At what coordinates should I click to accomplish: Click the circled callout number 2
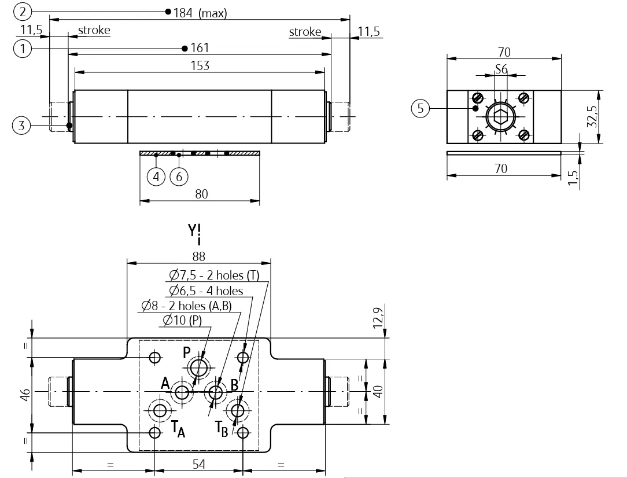(23, 12)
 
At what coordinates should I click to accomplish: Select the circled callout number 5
(421, 108)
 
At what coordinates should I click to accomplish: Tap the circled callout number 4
(156, 177)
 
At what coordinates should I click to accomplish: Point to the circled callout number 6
(179, 177)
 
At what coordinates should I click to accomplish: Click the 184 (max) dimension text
(200, 13)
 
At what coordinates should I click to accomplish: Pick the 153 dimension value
(200, 65)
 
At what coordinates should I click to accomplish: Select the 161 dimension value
(200, 47)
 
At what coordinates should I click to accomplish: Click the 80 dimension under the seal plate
(201, 194)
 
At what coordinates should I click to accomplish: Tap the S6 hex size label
(501, 69)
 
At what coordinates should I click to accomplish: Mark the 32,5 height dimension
(592, 116)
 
